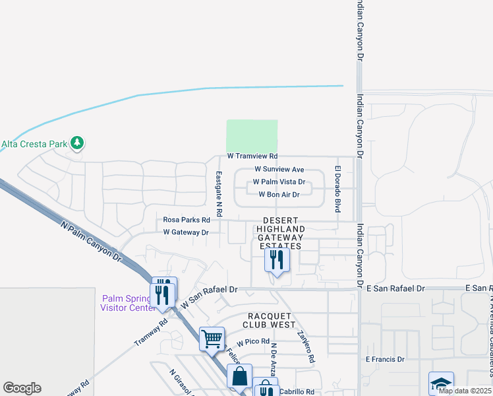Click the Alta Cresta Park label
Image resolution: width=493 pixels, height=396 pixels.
[x=34, y=143]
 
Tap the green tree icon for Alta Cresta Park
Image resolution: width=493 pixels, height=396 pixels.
[x=78, y=143]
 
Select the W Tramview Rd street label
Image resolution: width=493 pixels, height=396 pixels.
[x=252, y=156]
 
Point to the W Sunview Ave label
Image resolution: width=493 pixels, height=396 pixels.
[x=279, y=170]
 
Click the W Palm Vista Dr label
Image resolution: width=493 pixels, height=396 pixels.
[x=279, y=182]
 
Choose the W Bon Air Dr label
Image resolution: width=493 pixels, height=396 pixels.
[x=279, y=195]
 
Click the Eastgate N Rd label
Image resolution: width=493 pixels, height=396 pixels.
[x=219, y=195]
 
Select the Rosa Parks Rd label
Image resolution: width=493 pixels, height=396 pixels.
[x=187, y=220]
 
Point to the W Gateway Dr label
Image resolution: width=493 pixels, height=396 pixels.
[x=186, y=232]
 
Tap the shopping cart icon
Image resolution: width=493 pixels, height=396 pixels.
[x=212, y=339]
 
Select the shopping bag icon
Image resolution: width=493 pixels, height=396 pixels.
[x=240, y=376]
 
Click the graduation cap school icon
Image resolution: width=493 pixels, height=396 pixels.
[x=441, y=384]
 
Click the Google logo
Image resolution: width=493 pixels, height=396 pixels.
[x=22, y=388]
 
